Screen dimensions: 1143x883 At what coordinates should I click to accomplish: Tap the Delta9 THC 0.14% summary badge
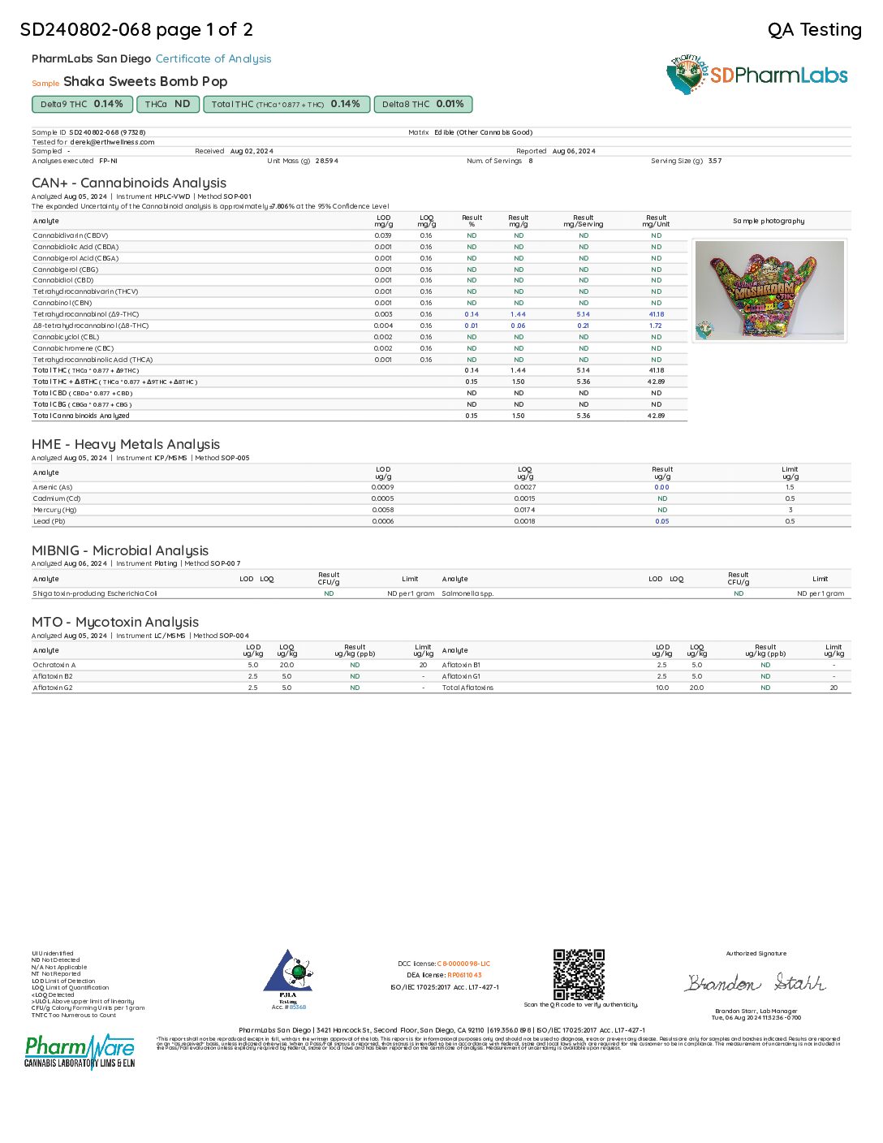81,104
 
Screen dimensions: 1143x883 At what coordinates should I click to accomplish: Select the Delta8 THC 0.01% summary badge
423,104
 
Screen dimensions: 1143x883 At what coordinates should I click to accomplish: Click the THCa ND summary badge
167,104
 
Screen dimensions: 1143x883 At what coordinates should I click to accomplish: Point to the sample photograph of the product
769,290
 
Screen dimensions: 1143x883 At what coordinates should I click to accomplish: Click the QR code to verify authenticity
579,974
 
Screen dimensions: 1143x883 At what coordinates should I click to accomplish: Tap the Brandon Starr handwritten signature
755,983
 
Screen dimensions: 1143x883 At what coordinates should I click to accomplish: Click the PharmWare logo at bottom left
80,1051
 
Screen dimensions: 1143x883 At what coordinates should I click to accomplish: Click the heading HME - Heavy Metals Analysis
126,444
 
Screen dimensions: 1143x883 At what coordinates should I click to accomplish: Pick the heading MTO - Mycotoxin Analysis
115,622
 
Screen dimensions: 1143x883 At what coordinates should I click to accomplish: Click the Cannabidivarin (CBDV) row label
71,235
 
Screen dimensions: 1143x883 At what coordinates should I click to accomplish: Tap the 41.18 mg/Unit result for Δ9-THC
656,314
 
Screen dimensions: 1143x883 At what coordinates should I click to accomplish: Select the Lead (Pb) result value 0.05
662,521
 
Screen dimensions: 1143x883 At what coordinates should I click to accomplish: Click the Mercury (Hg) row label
56,510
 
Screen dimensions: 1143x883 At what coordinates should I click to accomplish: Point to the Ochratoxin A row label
54,665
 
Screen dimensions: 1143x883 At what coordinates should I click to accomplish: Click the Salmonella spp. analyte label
467,593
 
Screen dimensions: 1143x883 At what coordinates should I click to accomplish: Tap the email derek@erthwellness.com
112,142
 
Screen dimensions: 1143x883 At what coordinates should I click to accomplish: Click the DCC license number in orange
463,964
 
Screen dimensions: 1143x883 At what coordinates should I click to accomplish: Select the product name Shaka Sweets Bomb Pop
145,81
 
